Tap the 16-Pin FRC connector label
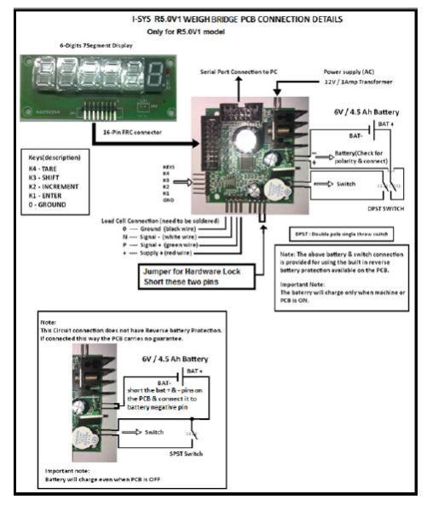(x=126, y=135)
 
